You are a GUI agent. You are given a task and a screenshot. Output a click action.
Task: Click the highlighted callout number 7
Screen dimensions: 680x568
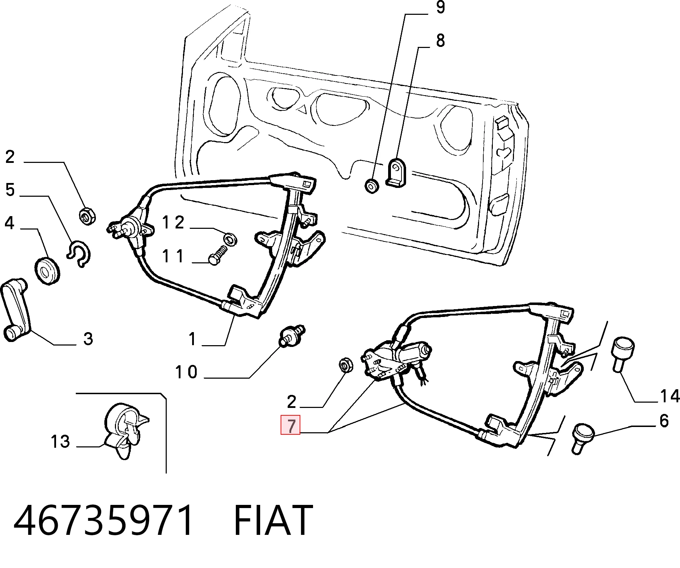coord(290,426)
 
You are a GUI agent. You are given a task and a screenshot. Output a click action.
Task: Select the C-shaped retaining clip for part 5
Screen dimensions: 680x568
coord(79,253)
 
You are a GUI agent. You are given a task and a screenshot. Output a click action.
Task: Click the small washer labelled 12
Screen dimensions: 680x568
coord(231,239)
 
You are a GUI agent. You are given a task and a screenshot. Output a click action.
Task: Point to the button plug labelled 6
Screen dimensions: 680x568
coord(582,439)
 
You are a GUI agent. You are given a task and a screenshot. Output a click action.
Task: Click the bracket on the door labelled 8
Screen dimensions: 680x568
coord(397,172)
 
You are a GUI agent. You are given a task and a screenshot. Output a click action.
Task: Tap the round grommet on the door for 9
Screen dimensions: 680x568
coord(371,186)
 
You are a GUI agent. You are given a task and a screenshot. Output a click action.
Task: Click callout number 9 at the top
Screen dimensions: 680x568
coord(440,7)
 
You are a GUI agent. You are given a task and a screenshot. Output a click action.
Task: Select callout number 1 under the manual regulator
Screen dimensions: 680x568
coord(192,339)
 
